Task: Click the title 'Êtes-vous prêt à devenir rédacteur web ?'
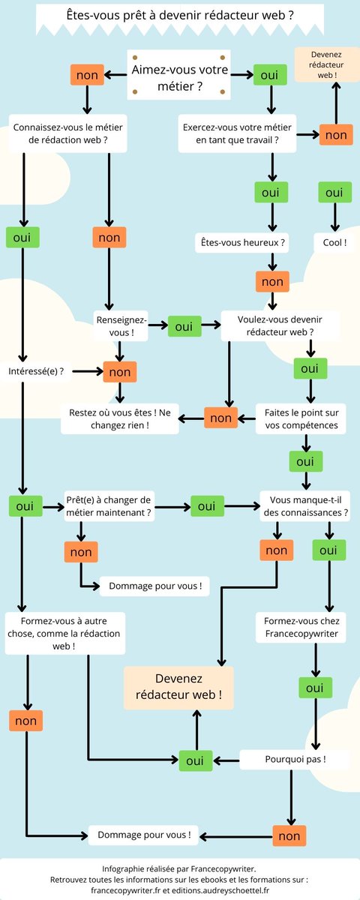click(179, 15)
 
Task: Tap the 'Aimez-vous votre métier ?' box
click(178, 75)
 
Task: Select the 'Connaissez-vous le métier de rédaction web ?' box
click(68, 133)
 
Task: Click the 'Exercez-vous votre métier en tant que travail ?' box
click(237, 133)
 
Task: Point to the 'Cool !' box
click(334, 243)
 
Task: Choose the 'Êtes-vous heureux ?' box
click(242, 243)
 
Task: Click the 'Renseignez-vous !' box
click(121, 325)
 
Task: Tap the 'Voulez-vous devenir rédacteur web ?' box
click(280, 325)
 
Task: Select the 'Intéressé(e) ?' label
click(36, 371)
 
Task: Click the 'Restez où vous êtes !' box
click(120, 418)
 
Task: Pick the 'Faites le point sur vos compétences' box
click(301, 418)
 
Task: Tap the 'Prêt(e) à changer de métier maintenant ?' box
click(109, 506)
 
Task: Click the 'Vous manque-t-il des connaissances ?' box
click(305, 506)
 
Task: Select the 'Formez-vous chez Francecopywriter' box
click(301, 627)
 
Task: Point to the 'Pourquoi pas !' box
click(295, 759)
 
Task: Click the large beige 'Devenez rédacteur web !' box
click(178, 688)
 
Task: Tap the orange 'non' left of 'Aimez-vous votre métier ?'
click(87, 75)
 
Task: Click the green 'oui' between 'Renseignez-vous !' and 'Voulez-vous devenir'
click(184, 326)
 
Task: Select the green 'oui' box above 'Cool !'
click(334, 192)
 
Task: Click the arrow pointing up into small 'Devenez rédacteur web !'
click(337, 103)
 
